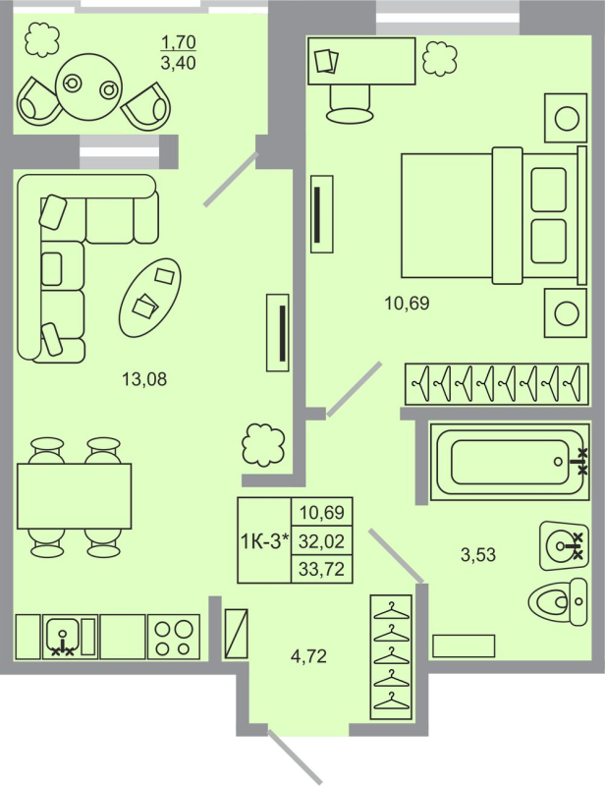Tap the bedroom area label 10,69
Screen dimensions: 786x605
click(408, 303)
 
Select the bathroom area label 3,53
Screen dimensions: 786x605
click(478, 554)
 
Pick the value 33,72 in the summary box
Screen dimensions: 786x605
click(321, 568)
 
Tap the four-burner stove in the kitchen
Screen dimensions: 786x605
click(173, 636)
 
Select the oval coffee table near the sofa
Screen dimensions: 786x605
click(150, 292)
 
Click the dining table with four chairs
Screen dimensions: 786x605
click(74, 495)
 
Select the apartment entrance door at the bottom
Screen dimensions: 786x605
click(297, 759)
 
